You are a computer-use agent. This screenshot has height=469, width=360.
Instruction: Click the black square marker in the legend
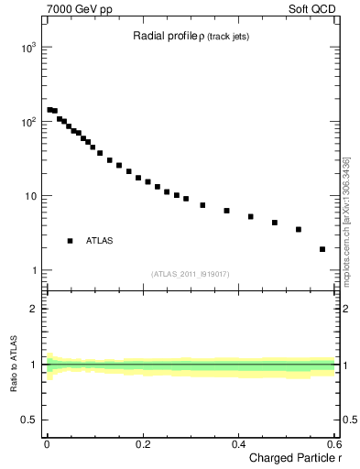(70, 240)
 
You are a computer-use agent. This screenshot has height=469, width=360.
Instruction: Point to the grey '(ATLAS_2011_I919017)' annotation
(191, 273)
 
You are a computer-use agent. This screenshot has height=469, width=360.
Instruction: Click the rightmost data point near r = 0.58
(322, 249)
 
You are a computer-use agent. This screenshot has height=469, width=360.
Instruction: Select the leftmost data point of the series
(49, 110)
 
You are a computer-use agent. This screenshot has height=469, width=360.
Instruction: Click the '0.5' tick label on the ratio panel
(28, 421)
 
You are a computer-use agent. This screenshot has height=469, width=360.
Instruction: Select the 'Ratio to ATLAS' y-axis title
(14, 365)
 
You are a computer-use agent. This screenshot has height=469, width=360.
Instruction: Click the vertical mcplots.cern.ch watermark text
(346, 220)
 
